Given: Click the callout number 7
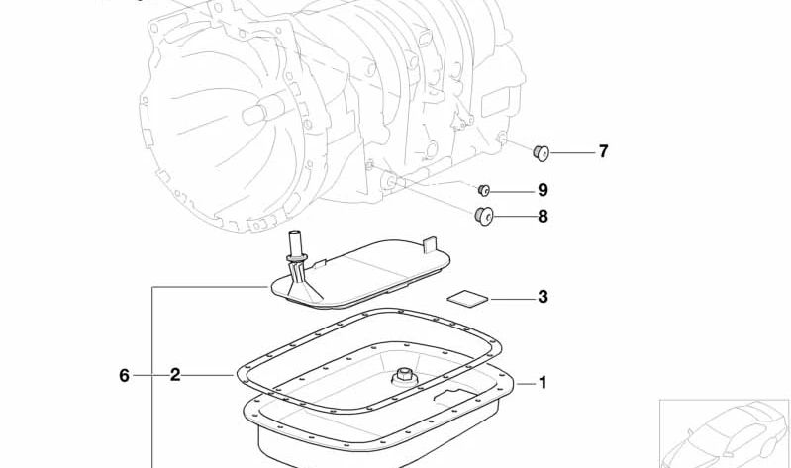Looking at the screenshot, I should (x=602, y=151).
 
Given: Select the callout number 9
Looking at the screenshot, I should (x=543, y=190).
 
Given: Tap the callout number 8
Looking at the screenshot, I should (x=543, y=216).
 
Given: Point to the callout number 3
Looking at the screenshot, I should (x=543, y=297).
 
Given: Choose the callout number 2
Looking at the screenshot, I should (x=175, y=375).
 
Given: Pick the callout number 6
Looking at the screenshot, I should (x=124, y=375).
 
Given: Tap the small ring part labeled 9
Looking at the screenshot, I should (x=485, y=190).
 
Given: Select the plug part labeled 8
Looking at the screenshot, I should (x=485, y=216).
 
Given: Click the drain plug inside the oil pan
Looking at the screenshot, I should (x=403, y=375).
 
